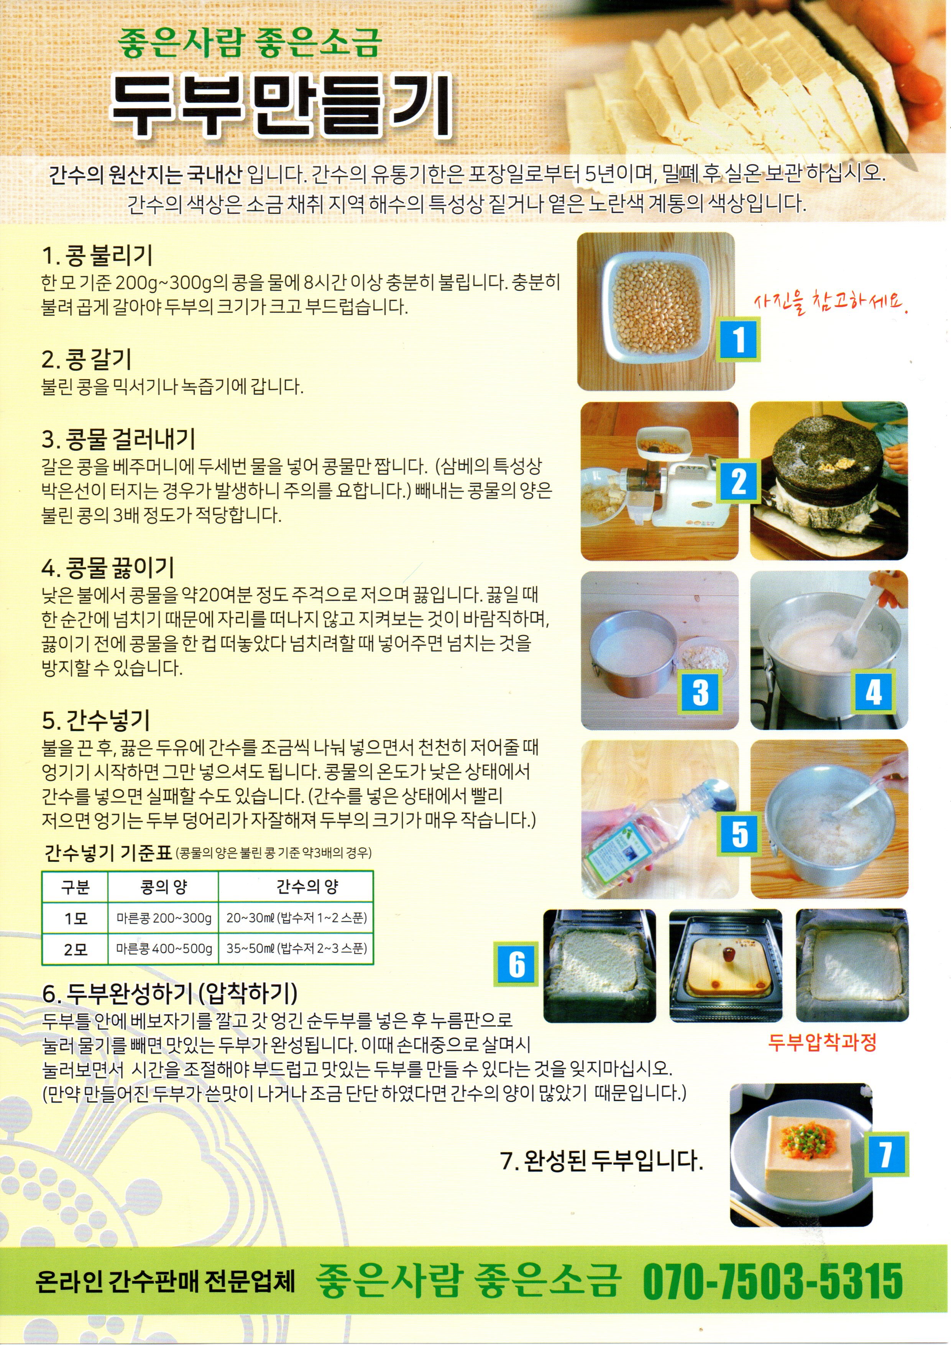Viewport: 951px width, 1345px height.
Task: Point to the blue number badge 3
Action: [700, 692]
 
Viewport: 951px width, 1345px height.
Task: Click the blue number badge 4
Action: [873, 692]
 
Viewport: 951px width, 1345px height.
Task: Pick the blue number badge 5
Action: [739, 834]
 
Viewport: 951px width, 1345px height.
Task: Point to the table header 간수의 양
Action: [307, 886]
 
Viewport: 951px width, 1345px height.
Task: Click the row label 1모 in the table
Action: [75, 918]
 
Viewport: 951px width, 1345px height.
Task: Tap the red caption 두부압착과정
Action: [822, 1042]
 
